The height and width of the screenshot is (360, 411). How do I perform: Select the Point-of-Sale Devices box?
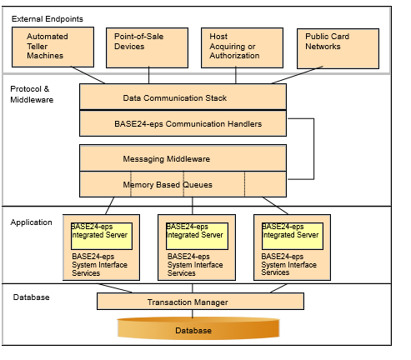[x=147, y=48]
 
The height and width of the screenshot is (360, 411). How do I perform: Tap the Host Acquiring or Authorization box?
[x=242, y=48]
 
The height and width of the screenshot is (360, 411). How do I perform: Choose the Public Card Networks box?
[x=338, y=47]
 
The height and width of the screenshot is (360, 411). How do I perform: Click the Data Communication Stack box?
[x=183, y=97]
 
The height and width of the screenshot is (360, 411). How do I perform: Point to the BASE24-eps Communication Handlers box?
[x=183, y=123]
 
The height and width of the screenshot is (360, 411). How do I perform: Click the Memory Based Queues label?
[x=167, y=184]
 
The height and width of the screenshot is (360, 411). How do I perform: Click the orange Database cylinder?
[x=193, y=330]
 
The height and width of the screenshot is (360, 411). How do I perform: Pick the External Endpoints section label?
[x=48, y=17]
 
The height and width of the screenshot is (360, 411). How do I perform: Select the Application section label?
[x=32, y=222]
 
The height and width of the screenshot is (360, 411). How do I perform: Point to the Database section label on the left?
[x=30, y=297]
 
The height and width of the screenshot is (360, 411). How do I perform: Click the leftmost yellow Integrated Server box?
[x=102, y=231]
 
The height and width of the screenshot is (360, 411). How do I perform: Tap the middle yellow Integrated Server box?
[x=196, y=231]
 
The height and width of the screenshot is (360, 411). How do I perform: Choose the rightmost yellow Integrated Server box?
[x=291, y=231]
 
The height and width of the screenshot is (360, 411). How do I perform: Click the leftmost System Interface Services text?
[x=99, y=264]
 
